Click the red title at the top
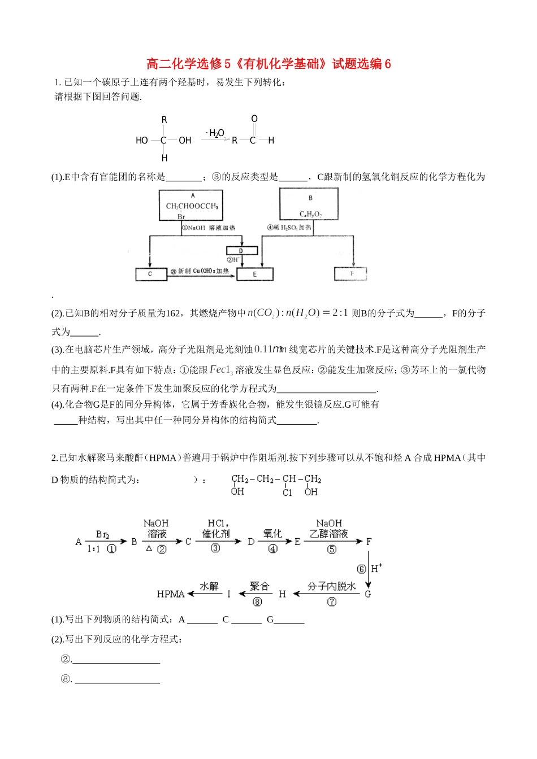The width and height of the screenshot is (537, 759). coord(268,64)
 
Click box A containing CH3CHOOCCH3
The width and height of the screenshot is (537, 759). coord(191,206)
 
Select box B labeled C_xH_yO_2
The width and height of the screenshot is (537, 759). coord(309,205)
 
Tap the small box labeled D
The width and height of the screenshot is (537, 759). coord(242,251)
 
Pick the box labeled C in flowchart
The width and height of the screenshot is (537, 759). coord(150,274)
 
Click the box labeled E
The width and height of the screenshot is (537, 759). coord(255,274)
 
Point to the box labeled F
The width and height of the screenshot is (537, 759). coord(351,274)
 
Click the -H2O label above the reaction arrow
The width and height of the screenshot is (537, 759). coord(215,133)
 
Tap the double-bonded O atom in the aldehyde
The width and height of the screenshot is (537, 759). coord(254,119)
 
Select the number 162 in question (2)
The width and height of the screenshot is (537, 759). coord(173,313)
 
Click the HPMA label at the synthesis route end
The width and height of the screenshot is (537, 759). coord(171,594)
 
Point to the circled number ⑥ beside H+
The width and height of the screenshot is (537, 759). coord(361,569)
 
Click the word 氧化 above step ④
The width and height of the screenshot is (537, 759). coord(272,534)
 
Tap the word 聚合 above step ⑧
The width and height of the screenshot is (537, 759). coord(259,587)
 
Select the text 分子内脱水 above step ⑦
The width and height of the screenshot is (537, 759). coord(332,587)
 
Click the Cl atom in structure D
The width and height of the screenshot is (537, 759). coord(288,492)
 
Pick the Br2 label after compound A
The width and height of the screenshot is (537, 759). coord(102,534)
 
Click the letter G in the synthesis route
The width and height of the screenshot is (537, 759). coord(368,594)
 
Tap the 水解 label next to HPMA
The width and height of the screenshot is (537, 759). coord(209,587)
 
